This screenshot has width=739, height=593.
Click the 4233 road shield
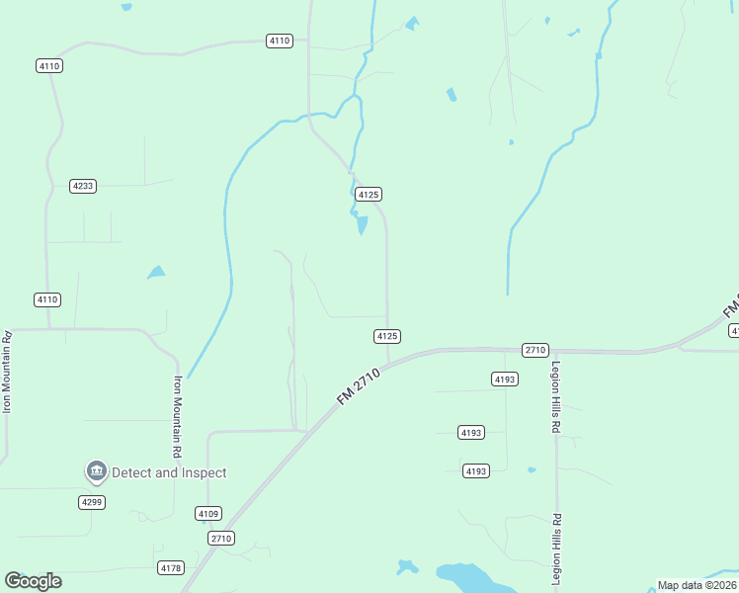click(83, 186)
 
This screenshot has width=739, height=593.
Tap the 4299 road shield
click(92, 502)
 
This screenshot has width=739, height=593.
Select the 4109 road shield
click(207, 513)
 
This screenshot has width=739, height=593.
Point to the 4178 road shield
click(171, 567)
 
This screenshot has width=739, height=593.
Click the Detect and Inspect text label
click(169, 472)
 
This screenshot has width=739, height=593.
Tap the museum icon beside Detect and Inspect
click(96, 472)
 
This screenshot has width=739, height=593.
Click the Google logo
click(33, 581)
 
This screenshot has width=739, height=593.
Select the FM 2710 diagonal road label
click(359, 383)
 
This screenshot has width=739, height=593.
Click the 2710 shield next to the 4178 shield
click(221, 539)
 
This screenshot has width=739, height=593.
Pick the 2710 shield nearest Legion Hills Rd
click(534, 350)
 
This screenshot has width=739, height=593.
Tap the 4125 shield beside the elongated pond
click(369, 195)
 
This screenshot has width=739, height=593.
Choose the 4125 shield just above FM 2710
click(387, 336)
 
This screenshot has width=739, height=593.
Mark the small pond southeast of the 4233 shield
click(156, 272)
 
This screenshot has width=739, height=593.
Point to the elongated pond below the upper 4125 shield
click(362, 224)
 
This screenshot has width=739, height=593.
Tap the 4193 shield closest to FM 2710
click(502, 379)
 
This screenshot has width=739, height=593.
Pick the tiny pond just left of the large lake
click(406, 567)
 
